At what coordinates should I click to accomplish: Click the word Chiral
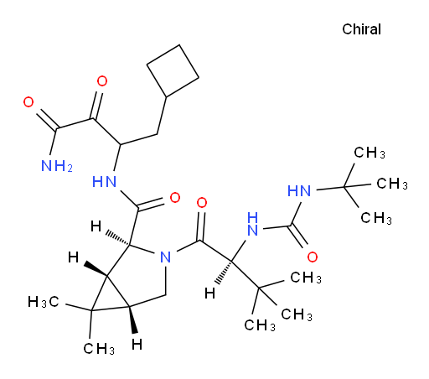click(x=361, y=29)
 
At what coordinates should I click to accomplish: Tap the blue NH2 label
click(x=57, y=166)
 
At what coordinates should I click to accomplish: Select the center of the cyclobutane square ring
click(x=173, y=70)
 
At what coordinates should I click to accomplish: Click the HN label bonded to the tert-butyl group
click(x=299, y=191)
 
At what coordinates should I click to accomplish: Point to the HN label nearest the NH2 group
click(x=104, y=182)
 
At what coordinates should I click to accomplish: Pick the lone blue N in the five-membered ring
click(x=166, y=257)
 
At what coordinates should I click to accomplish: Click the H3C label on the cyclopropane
click(x=44, y=302)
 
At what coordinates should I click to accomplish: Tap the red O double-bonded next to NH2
click(x=28, y=102)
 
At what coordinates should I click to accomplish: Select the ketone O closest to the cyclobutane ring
click(x=102, y=81)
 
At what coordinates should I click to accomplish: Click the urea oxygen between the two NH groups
click(x=313, y=257)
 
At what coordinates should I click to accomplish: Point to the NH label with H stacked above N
click(x=253, y=224)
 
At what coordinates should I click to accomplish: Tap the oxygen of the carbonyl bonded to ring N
click(x=202, y=203)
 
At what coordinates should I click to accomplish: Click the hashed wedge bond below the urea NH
click(x=223, y=273)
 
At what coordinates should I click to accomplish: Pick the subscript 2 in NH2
click(x=70, y=169)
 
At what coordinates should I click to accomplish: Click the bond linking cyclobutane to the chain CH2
click(x=162, y=116)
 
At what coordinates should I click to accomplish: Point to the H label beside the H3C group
click(x=74, y=257)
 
